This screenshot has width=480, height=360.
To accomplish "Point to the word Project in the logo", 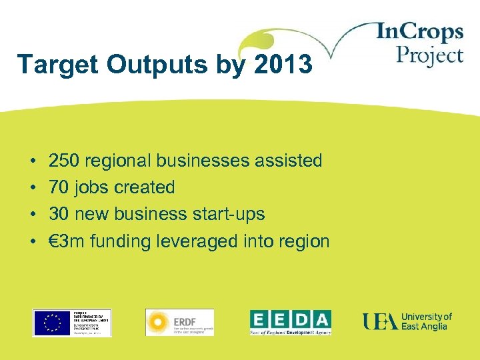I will click(x=429, y=55).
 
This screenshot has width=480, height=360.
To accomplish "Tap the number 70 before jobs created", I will click(x=57, y=187).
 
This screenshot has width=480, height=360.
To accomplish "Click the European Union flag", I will click(x=49, y=323).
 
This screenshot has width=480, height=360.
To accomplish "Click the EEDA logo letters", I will click(x=290, y=319).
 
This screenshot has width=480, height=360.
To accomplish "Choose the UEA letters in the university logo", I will click(x=380, y=321).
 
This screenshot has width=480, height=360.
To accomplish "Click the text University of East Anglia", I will click(x=426, y=321).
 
